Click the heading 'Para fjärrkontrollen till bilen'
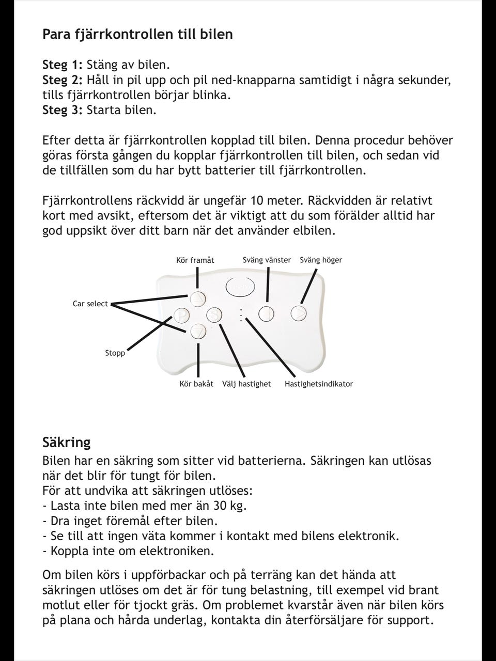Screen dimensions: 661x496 coord(137,35)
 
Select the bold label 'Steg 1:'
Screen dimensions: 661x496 coord(63,65)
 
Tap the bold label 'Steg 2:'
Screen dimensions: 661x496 coord(63,80)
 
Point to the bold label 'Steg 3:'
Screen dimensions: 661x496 coord(63,110)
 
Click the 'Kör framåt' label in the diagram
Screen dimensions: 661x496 coord(195,260)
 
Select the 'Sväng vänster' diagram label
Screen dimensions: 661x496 coord(267,260)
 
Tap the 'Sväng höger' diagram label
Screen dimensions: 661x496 coord(321,260)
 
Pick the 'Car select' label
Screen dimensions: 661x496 coord(90,304)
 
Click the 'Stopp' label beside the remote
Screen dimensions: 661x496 coord(115,353)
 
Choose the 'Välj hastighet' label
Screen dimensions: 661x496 coord(246,384)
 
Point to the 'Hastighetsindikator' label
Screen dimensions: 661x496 coord(319,384)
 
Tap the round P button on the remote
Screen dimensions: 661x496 coord(181,314)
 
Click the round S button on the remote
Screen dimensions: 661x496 coord(214,314)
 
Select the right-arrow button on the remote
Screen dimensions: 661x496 coord(299,313)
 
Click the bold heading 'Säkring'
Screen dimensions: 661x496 coord(66,443)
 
